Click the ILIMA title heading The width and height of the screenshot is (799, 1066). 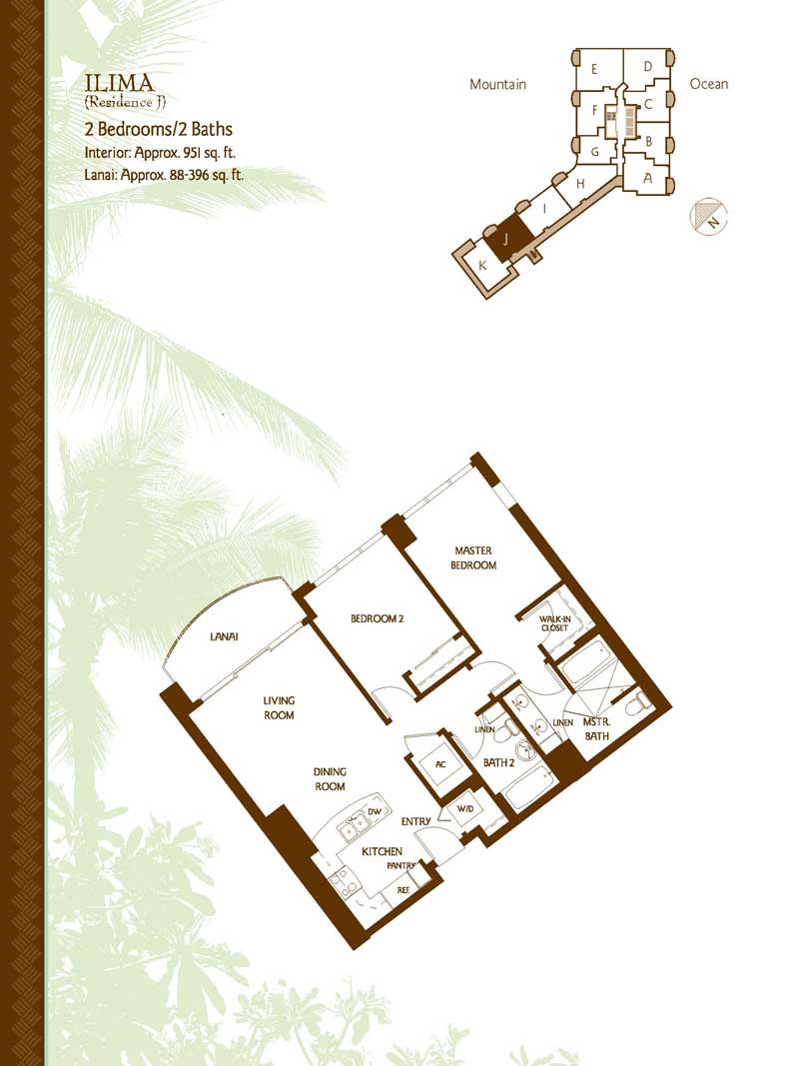(x=120, y=83)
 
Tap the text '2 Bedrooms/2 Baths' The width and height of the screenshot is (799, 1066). (x=159, y=129)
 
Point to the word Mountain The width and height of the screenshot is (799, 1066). (x=498, y=84)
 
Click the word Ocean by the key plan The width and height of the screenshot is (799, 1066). (x=709, y=84)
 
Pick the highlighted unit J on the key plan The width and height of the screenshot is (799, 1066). (x=505, y=239)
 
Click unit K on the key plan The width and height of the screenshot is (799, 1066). (x=482, y=266)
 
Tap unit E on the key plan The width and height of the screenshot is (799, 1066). (x=594, y=69)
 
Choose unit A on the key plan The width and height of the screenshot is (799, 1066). (x=647, y=178)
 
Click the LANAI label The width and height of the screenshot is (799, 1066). (x=224, y=637)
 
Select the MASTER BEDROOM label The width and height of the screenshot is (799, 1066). (x=473, y=557)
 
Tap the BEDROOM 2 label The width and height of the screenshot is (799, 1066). (x=378, y=618)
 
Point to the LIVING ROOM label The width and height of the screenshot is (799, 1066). (x=279, y=707)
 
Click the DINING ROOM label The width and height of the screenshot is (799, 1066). (x=330, y=779)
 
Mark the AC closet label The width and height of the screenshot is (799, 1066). (x=440, y=764)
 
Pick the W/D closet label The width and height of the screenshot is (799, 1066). (x=464, y=809)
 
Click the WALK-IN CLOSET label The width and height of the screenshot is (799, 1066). (x=554, y=623)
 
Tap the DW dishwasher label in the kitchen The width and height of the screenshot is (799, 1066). (x=375, y=811)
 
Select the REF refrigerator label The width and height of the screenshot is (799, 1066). (x=402, y=889)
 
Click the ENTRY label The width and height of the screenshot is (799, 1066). (x=415, y=821)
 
